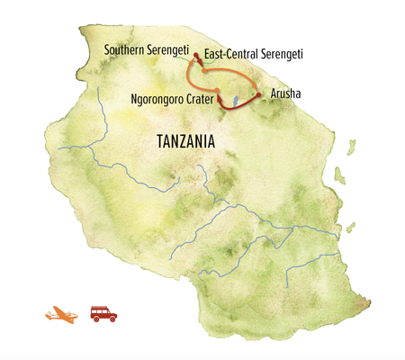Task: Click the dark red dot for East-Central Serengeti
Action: (196, 56)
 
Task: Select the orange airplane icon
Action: (61, 315)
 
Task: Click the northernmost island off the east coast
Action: (340, 173)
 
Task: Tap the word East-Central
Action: (230, 55)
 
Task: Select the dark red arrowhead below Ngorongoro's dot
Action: (221, 103)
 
